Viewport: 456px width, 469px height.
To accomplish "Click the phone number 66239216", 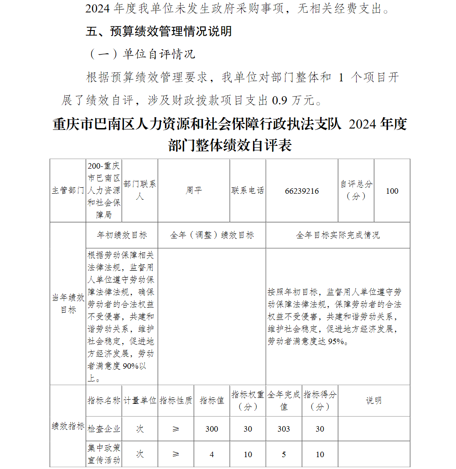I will pos(302,191).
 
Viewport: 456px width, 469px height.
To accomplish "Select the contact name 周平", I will pos(194,191).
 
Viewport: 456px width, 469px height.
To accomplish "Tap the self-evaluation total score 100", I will pos(392,191).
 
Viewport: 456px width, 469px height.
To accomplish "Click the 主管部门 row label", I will pos(68,191).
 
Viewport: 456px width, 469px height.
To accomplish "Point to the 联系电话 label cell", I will pos(248,191).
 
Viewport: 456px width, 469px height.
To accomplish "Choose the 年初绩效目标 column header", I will pos(122,235).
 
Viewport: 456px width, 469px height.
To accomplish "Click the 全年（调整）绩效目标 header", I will pos(212,235).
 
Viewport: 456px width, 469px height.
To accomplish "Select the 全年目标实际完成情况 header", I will pos(338,235).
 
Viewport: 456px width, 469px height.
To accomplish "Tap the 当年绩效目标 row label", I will pos(68,304).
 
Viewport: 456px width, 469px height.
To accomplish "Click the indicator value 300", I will pos(212,429).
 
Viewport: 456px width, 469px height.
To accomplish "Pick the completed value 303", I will pos(284,429).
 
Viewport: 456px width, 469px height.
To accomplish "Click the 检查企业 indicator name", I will pos(104,429).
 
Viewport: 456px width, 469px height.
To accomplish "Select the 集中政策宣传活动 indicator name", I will pos(104,454).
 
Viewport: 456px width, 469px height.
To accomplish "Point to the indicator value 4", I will pos(212,454).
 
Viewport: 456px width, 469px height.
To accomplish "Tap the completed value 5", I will pos(284,454).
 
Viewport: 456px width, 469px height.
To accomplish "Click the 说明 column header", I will pos(374,401).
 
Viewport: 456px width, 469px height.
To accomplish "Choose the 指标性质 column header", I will pos(176,401).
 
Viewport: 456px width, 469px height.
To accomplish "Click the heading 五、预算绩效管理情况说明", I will pos(159,31).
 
